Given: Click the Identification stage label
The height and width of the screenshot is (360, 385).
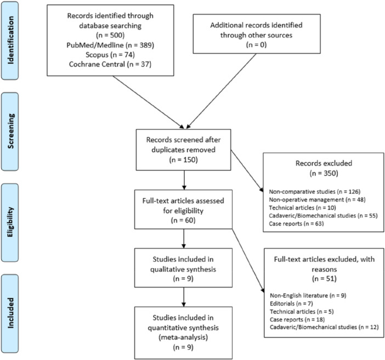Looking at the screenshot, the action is pyautogui.click(x=10, y=40).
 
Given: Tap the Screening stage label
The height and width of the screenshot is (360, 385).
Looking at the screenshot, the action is pyautogui.click(x=10, y=131).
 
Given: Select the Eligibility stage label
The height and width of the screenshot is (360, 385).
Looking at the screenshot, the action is pyautogui.click(x=10, y=222).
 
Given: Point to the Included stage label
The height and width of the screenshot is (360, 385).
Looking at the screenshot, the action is pyautogui.click(x=10, y=313).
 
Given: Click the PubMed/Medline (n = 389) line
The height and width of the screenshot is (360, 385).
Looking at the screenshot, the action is pyautogui.click(x=110, y=45).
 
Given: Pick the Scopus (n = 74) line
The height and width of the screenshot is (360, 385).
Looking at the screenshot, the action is pyautogui.click(x=110, y=54).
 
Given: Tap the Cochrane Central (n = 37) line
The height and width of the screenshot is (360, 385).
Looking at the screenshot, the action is pyautogui.click(x=110, y=64).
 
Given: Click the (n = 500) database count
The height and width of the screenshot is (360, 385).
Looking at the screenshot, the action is pyautogui.click(x=110, y=35).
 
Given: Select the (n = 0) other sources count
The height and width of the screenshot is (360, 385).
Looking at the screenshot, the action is pyautogui.click(x=256, y=44).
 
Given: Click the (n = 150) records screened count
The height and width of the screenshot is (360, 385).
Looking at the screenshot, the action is pyautogui.click(x=183, y=160).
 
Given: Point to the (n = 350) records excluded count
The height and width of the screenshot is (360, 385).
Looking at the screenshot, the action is pyautogui.click(x=324, y=173).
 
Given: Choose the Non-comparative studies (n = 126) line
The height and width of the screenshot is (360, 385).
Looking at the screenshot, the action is pyautogui.click(x=315, y=192).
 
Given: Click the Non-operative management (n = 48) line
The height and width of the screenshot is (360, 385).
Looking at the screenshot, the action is pyautogui.click(x=317, y=200).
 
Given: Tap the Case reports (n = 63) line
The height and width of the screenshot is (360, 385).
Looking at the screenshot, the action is pyautogui.click(x=296, y=223).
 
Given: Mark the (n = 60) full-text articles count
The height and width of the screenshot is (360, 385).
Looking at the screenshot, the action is pyautogui.click(x=183, y=220).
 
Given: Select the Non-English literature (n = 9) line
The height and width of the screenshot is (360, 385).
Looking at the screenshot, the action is pyautogui.click(x=308, y=295).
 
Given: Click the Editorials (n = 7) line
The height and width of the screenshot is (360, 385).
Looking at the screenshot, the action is pyautogui.click(x=291, y=303).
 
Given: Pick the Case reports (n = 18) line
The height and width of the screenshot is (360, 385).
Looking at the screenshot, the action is pyautogui.click(x=297, y=319).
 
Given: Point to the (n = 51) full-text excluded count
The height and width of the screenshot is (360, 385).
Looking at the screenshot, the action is pyautogui.click(x=324, y=279).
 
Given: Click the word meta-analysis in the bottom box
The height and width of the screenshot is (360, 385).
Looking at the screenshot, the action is pyautogui.click(x=183, y=337).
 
